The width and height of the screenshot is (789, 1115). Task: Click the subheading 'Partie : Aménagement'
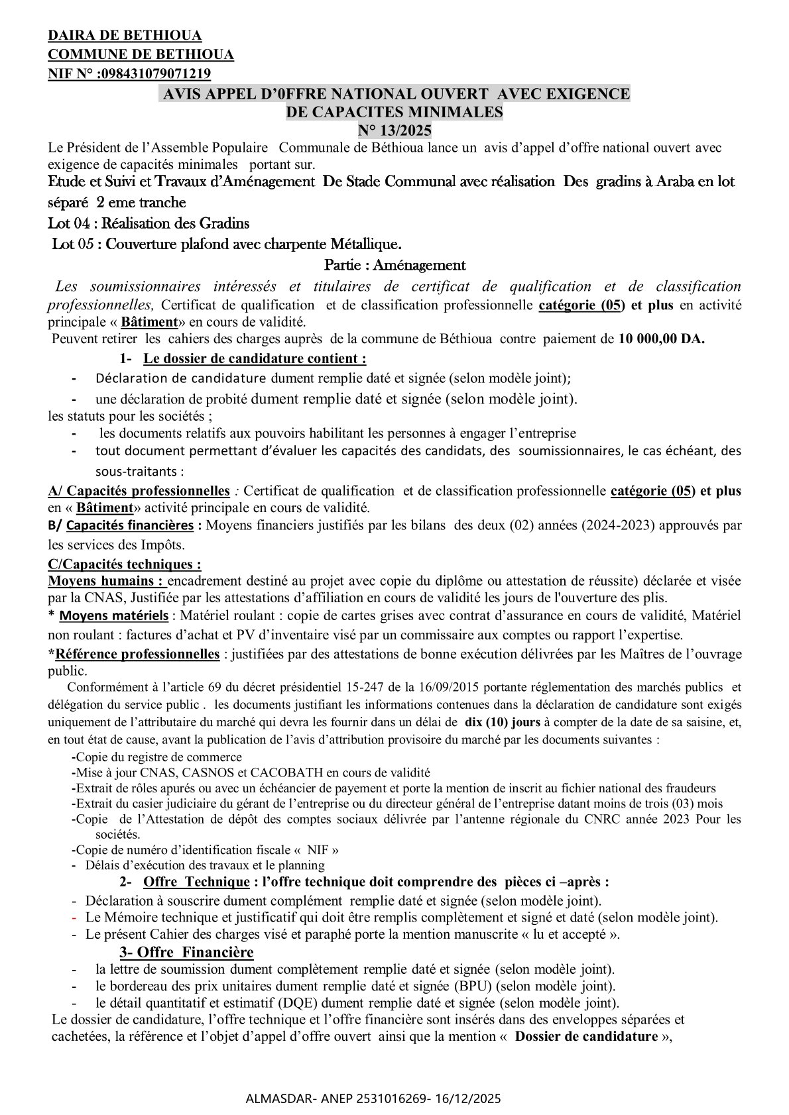click(x=394, y=266)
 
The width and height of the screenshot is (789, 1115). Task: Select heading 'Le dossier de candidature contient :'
click(x=255, y=358)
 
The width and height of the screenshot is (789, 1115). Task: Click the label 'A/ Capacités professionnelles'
click(x=139, y=491)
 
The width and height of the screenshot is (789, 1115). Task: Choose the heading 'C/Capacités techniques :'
click(x=125, y=564)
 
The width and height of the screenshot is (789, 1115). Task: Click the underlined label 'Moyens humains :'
click(x=107, y=581)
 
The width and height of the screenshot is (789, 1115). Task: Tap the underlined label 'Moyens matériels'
click(x=113, y=616)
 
